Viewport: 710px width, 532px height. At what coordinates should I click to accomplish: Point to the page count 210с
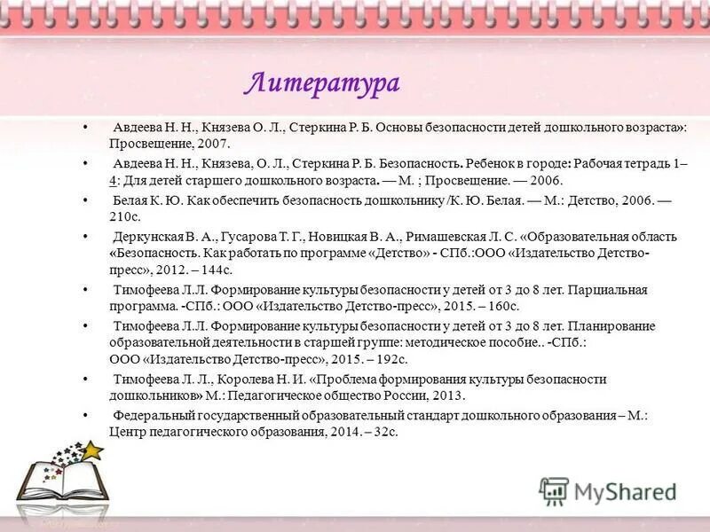click(x=127, y=216)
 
